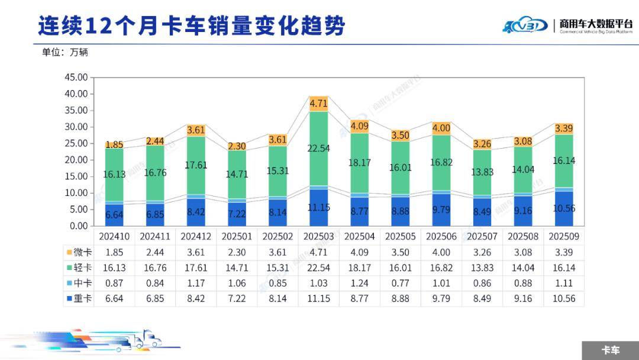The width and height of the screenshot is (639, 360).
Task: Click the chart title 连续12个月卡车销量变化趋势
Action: (191, 26)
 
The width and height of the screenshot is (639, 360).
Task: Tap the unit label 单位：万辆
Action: (64, 52)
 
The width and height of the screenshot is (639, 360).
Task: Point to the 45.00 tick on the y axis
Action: (75, 78)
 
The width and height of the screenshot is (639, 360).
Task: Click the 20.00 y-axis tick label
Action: (75, 160)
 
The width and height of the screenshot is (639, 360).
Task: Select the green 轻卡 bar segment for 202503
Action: (319, 148)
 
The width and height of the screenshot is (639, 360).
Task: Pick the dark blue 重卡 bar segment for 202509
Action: (564, 208)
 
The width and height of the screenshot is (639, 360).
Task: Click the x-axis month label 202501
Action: (237, 236)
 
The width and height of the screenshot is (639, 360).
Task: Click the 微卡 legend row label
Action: (80, 252)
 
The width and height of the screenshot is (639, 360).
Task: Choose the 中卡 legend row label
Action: (80, 283)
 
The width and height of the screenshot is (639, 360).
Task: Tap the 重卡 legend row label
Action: (80, 298)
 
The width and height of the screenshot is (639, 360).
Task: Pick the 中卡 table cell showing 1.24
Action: (360, 283)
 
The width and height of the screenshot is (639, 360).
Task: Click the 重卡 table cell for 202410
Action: (114, 298)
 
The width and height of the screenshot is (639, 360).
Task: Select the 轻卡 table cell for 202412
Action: (196, 268)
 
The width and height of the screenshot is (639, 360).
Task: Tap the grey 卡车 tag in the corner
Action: (610, 350)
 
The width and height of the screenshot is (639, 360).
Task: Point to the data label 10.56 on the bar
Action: (564, 208)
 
